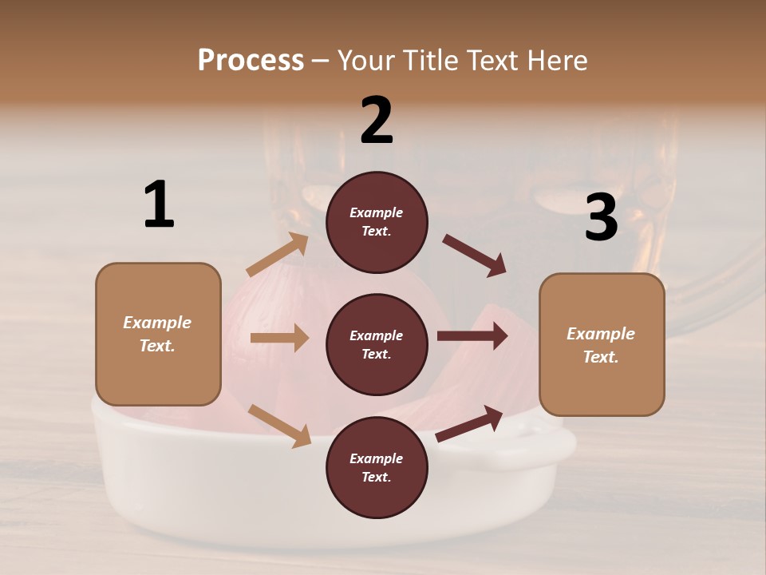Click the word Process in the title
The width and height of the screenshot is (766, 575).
(x=251, y=60)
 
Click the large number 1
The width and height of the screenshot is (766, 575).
(x=159, y=204)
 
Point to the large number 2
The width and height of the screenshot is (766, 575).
(x=377, y=121)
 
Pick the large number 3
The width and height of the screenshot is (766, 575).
(x=601, y=217)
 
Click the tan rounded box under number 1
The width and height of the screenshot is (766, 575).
(x=158, y=334)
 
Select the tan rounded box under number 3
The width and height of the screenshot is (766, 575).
(x=602, y=345)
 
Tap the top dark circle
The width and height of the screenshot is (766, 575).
(x=377, y=222)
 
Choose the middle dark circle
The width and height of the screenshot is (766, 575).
(x=377, y=345)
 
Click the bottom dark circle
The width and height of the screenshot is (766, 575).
(x=377, y=468)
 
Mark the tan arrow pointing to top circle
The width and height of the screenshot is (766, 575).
(x=278, y=255)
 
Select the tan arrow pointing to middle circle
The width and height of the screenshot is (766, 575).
(x=279, y=338)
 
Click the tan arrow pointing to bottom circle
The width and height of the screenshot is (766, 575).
(x=279, y=425)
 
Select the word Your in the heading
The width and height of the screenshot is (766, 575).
(x=368, y=60)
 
